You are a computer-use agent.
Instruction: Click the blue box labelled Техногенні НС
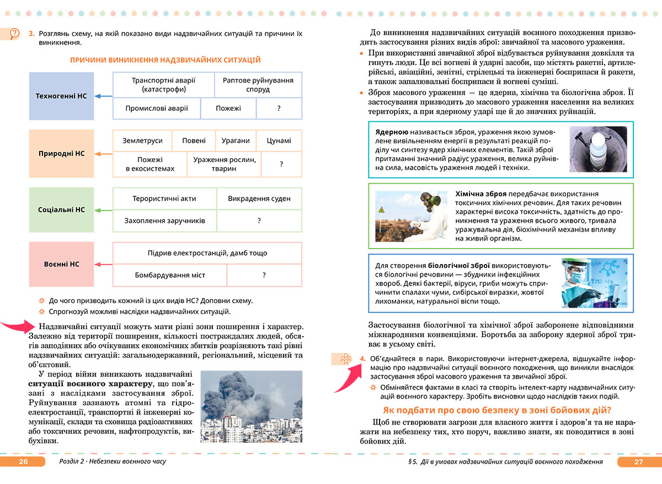61,96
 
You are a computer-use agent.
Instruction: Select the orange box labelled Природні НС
61,153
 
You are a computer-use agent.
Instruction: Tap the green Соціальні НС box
61,210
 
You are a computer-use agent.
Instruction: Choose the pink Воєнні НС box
61,264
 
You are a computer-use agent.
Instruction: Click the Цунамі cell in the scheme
279,141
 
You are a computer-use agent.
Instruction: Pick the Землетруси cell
142,141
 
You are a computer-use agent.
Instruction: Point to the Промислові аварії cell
157,109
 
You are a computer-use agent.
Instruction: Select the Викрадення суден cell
259,198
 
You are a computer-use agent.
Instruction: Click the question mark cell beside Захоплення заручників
259,221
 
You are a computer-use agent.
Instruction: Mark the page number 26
23,462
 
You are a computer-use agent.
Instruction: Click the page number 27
639,462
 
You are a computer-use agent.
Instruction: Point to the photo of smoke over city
251,406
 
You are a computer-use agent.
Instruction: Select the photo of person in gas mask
411,215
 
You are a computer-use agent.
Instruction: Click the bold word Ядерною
391,132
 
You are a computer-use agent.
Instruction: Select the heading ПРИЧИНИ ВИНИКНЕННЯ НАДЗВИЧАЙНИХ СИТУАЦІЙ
165,60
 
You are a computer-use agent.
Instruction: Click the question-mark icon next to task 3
15,34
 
